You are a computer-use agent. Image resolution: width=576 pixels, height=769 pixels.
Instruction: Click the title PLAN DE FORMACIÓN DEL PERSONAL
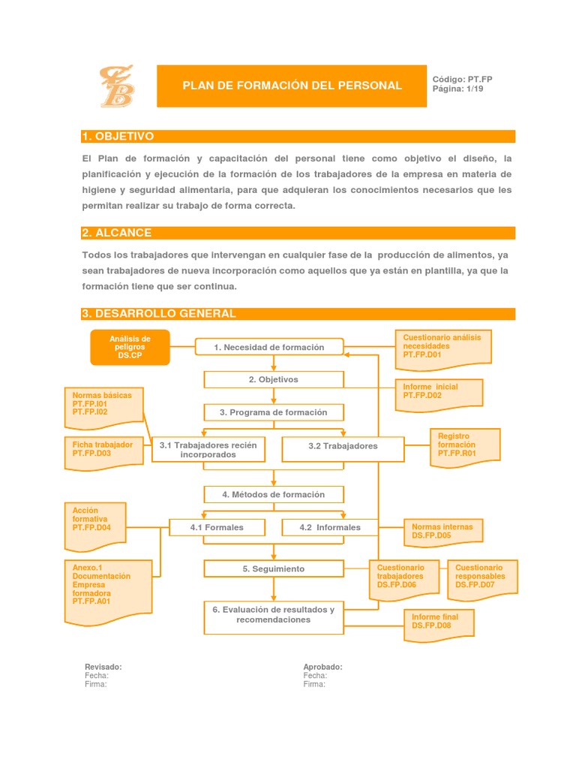(x=292, y=86)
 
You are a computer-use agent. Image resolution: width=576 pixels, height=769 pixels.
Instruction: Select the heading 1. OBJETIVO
(x=118, y=136)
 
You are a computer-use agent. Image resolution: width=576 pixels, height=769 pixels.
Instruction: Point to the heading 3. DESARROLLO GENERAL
(x=158, y=314)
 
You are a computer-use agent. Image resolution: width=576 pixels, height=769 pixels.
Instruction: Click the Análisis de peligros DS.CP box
(x=130, y=348)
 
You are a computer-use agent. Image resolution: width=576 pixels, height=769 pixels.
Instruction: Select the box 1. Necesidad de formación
(x=269, y=347)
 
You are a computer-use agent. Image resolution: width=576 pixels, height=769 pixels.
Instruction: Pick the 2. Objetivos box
(x=274, y=380)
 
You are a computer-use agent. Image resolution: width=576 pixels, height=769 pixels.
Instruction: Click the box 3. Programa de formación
(x=274, y=412)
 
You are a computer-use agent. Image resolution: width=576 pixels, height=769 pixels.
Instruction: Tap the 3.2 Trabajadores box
(x=343, y=446)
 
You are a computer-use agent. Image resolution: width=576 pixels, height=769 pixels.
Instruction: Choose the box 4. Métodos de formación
(x=274, y=494)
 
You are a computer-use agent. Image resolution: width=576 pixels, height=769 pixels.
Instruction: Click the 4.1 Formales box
(x=217, y=527)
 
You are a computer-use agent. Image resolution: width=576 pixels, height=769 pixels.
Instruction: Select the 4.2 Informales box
(x=330, y=527)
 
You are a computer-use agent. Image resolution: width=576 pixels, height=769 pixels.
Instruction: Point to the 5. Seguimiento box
(x=274, y=569)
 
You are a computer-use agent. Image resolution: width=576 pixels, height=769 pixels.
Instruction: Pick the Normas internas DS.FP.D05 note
(x=442, y=532)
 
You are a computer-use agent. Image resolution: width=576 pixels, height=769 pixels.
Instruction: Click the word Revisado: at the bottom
(x=103, y=667)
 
